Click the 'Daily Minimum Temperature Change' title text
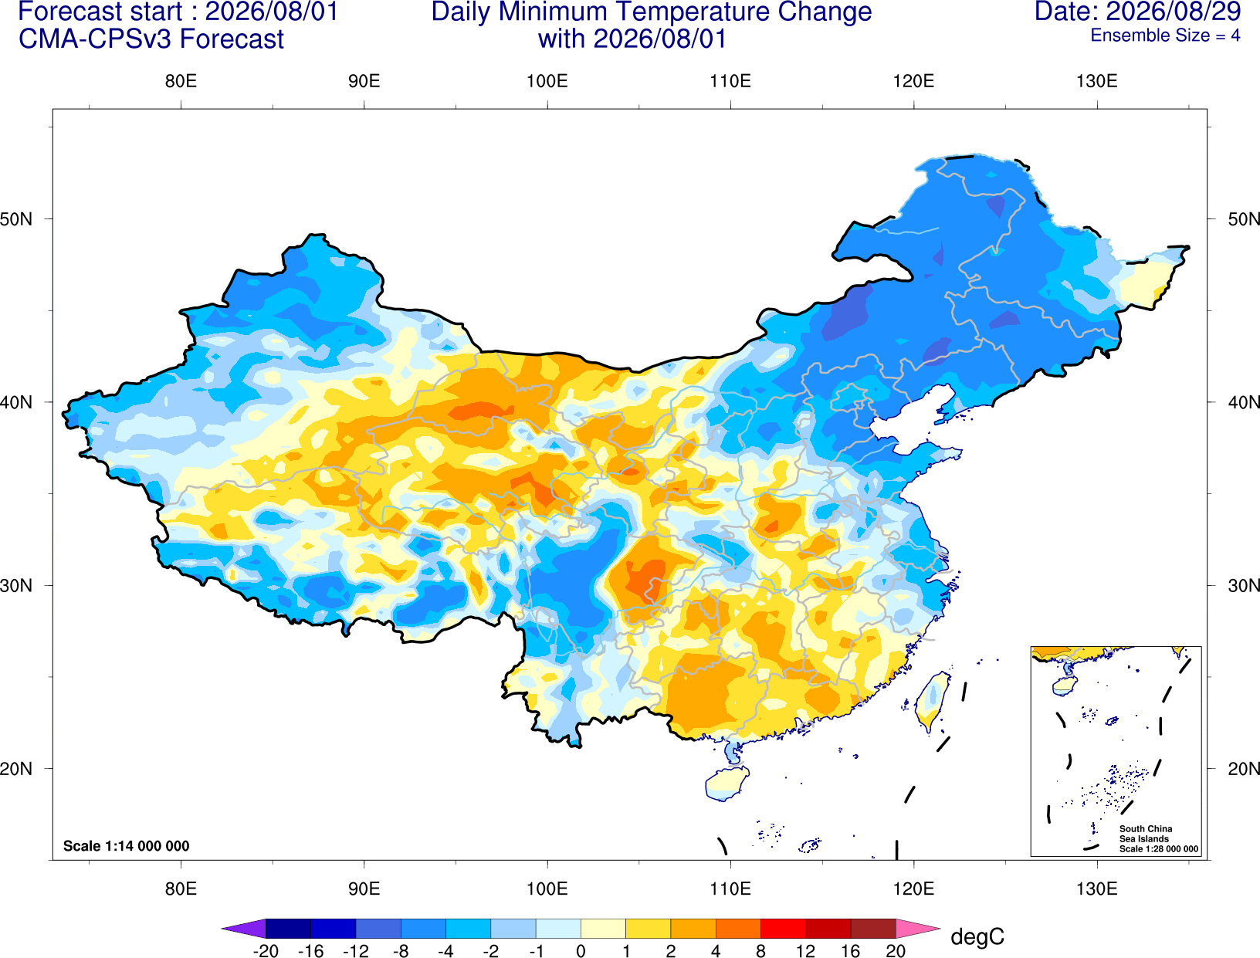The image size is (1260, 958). coord(651,12)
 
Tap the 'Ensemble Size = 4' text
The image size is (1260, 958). coord(1165,36)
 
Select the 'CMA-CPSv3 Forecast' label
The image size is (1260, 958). coord(151,39)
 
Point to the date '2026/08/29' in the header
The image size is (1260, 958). coord(1174,12)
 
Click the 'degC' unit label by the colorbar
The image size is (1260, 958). coord(977,936)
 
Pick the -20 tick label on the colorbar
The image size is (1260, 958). coord(266,951)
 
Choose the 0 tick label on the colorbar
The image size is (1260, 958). coord(581,951)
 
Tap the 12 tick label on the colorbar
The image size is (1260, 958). coord(805,951)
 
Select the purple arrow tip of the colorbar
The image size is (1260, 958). coord(243,928)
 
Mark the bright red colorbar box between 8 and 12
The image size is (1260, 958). coord(783,928)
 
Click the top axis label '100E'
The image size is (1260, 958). coord(547,81)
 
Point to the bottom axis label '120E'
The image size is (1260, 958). coord(913,889)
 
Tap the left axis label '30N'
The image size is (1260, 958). coord(16,585)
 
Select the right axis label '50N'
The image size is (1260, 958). coord(1244,218)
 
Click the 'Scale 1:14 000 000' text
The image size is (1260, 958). coord(127,845)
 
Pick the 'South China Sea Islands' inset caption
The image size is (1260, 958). coord(1145,834)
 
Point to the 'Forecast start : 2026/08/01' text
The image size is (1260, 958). coord(178,12)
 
